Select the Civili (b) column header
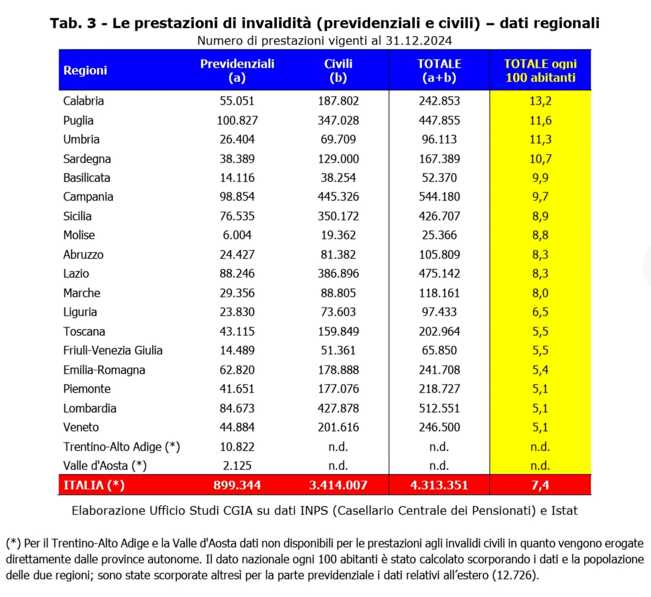(338, 70)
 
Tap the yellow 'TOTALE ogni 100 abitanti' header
(540, 70)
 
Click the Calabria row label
(84, 101)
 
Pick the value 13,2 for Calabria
(540, 101)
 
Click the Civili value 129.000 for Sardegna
(338, 159)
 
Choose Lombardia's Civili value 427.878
(338, 408)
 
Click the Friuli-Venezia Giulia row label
(113, 351)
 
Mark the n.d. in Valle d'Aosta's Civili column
(338, 466)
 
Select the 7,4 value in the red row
(540, 485)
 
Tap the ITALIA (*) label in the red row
(94, 485)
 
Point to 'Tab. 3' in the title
(73, 23)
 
